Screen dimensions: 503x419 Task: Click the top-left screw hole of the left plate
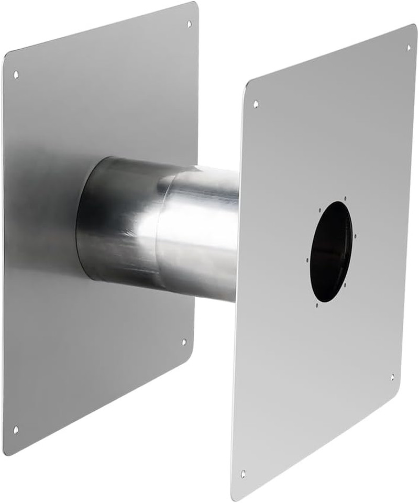[16, 74]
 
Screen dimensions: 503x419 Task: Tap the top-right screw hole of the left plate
[189, 24]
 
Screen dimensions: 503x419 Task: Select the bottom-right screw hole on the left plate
[183, 342]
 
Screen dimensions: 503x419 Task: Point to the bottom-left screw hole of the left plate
[15, 430]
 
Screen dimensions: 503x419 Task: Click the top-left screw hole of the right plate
[256, 104]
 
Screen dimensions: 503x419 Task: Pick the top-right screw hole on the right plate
[409, 48]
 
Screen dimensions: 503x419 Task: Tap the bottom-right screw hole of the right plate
[392, 377]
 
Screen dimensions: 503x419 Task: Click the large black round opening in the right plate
[331, 251]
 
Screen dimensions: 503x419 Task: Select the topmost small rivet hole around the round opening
[346, 199]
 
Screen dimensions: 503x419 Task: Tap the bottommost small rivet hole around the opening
[317, 305]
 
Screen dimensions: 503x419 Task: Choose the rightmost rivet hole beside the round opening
[356, 236]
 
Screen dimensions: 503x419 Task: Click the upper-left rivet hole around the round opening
[320, 210]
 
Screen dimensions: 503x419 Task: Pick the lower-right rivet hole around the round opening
[345, 286]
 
